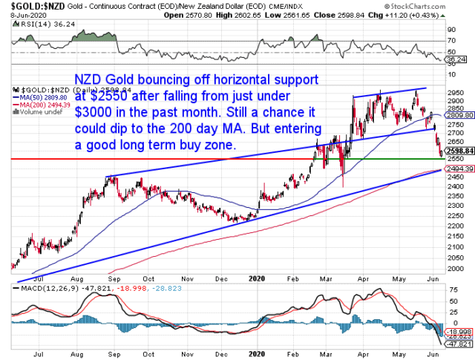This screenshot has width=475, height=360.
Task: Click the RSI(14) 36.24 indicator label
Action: [x=33, y=23]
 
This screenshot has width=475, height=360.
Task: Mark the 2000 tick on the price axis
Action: [x=456, y=257]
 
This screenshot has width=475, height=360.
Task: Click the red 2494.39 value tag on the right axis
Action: [x=457, y=171]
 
